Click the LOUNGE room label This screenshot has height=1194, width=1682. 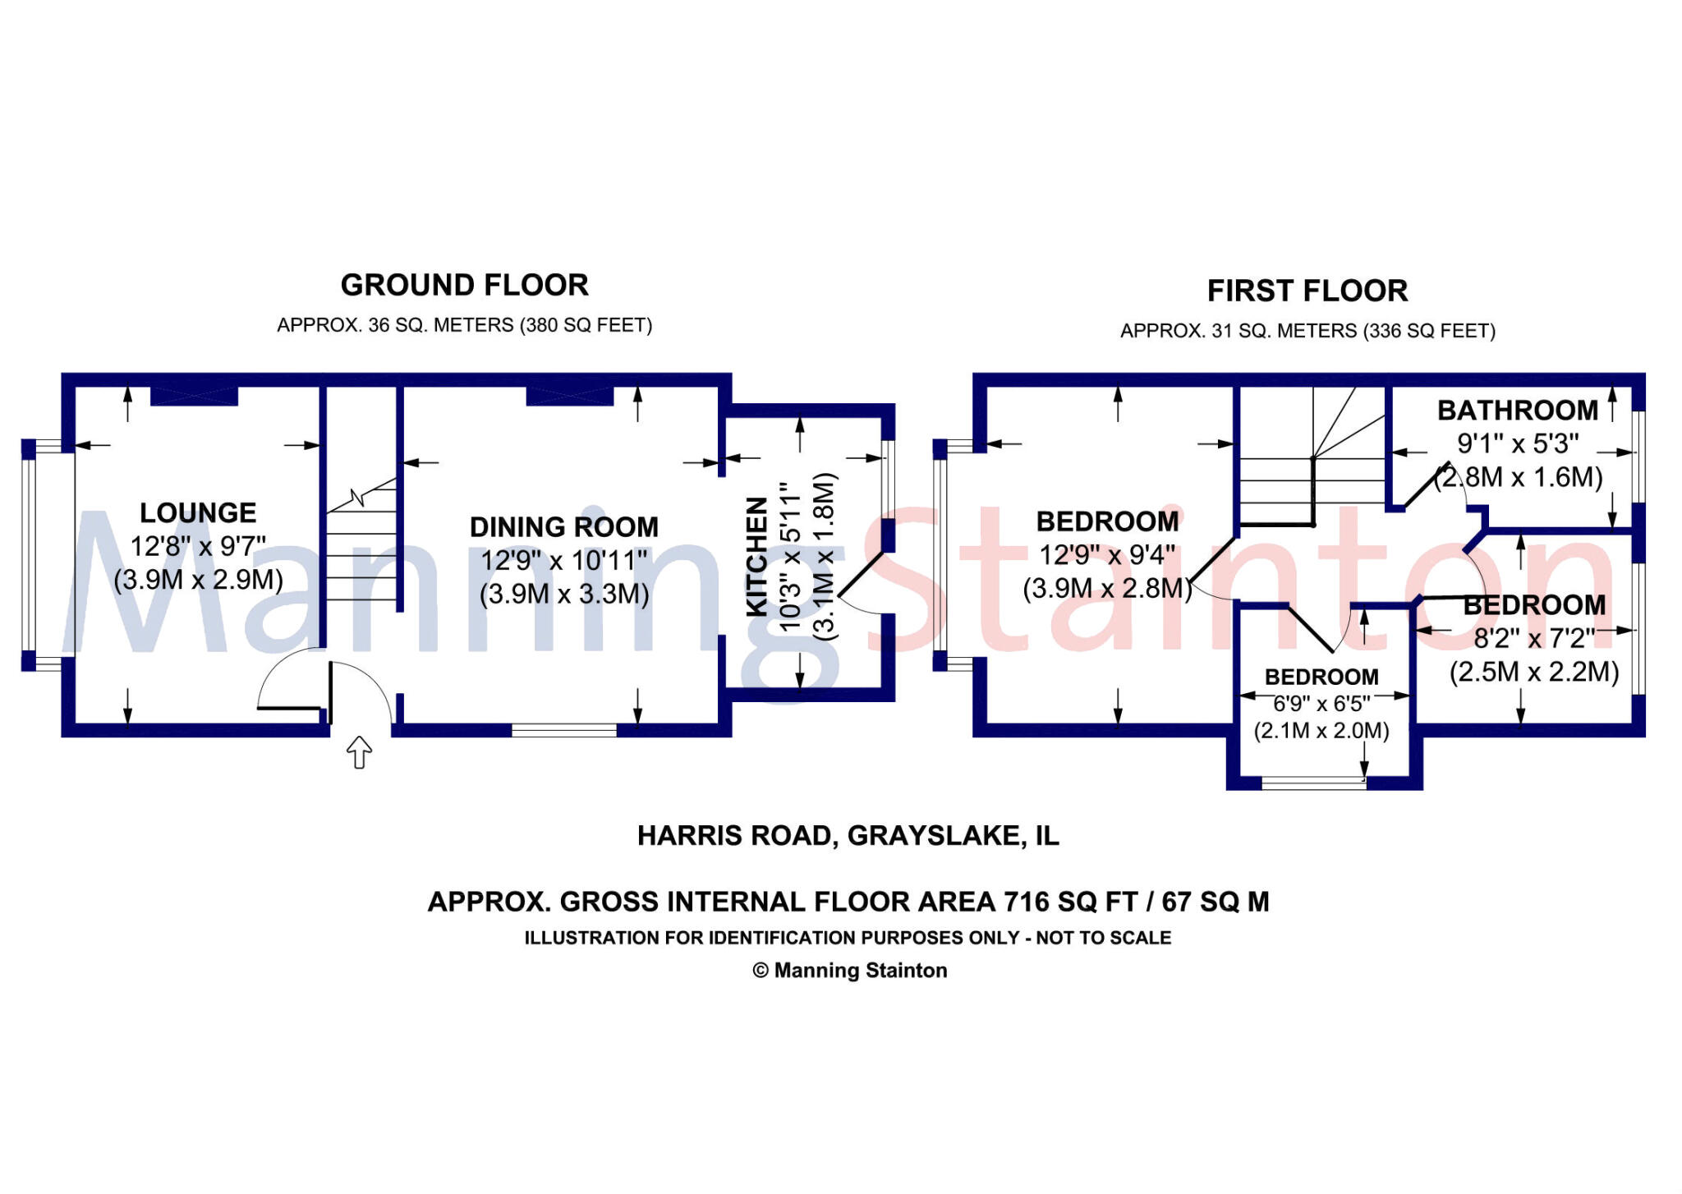[198, 513]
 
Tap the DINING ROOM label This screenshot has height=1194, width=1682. [564, 527]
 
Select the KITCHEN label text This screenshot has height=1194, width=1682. [756, 556]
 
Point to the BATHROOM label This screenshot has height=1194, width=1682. [1518, 411]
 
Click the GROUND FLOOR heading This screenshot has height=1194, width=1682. [465, 286]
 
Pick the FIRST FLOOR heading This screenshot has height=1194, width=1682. [1307, 292]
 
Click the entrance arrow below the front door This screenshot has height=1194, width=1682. [360, 751]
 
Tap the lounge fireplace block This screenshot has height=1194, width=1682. [195, 396]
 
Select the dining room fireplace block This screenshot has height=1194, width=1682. [570, 396]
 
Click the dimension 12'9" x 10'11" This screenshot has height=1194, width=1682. [564, 561]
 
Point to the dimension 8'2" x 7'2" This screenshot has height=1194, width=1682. [1534, 639]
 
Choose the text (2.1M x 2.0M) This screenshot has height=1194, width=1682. [1321, 731]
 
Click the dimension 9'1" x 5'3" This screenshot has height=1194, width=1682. [1518, 444]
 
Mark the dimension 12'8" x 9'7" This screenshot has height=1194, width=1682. [198, 547]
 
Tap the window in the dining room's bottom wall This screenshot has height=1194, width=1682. [564, 730]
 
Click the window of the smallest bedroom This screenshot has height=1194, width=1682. [1314, 783]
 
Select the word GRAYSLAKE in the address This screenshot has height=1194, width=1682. [934, 836]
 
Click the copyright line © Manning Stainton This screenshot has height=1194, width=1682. [850, 971]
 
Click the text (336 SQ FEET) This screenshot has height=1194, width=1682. [1429, 331]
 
